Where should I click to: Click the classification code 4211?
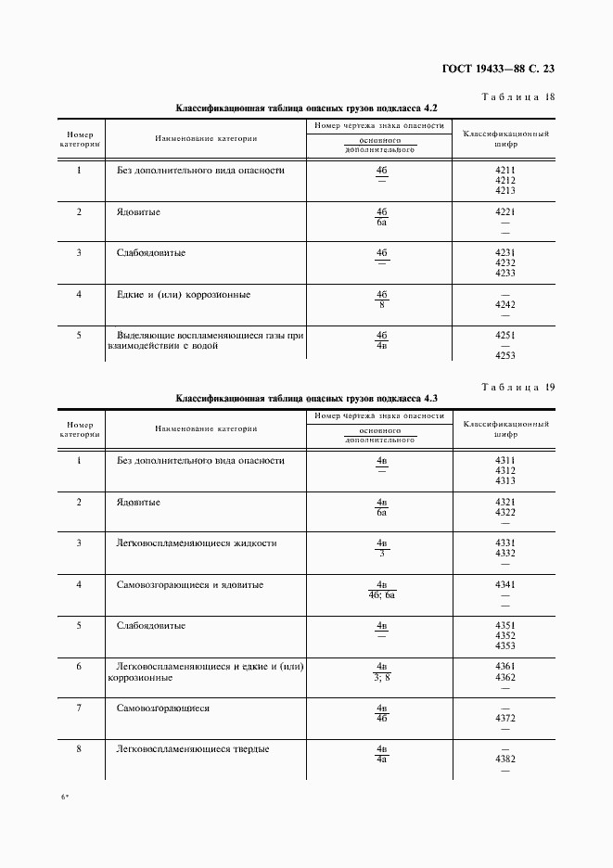[x=505, y=171]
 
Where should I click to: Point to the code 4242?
[x=505, y=304]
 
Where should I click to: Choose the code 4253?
[x=505, y=355]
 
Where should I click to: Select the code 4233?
[x=505, y=273]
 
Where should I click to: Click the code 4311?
[x=505, y=461]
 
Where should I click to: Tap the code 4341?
[x=505, y=584]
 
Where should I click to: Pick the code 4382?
[x=505, y=759]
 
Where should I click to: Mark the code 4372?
[x=505, y=719]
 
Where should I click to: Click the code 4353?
[x=505, y=645]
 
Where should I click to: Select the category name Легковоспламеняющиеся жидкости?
[x=197, y=543]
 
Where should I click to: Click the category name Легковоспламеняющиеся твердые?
[x=193, y=749]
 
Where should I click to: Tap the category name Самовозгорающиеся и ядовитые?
[x=190, y=585]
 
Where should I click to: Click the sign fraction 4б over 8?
[x=381, y=300]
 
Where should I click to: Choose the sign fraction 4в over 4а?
[x=381, y=754]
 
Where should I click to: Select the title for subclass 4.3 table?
[x=307, y=399]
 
